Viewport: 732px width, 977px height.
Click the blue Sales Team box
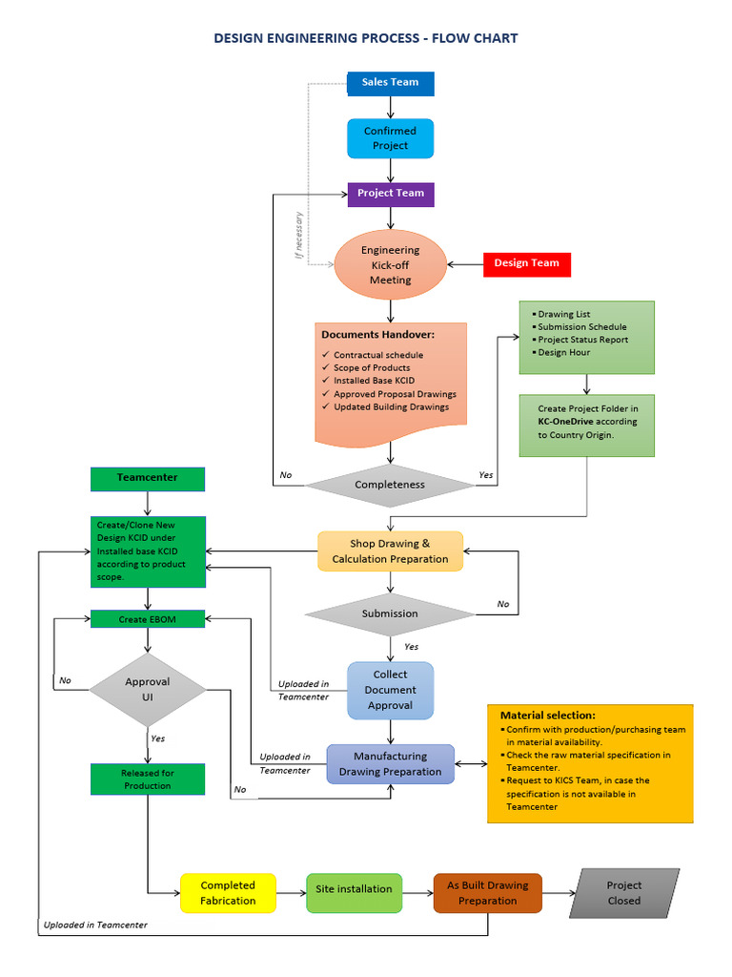point(390,83)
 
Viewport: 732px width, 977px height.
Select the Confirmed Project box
point(390,138)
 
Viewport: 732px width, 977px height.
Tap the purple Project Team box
point(391,194)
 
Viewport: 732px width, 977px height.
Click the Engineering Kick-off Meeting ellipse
point(390,264)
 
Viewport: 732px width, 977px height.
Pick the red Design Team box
point(526,263)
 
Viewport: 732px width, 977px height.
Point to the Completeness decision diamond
point(390,485)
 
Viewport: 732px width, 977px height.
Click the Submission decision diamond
point(390,613)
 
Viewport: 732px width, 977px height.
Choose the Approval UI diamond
point(148,689)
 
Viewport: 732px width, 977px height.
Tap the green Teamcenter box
point(148,477)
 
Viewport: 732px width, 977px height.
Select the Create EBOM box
point(148,619)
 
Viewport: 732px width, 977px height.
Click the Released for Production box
point(148,780)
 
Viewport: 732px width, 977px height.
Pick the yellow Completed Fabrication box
point(228,893)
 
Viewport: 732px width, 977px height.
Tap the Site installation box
point(354,889)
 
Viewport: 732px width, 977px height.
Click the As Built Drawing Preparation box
point(487,893)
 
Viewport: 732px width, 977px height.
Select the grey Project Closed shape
point(624,893)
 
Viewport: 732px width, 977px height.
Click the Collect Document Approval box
point(390,690)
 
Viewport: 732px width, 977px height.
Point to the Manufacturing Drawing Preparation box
point(391,764)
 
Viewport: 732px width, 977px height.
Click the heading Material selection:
point(548,715)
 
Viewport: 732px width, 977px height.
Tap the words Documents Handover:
point(378,335)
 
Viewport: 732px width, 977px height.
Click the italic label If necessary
point(298,236)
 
